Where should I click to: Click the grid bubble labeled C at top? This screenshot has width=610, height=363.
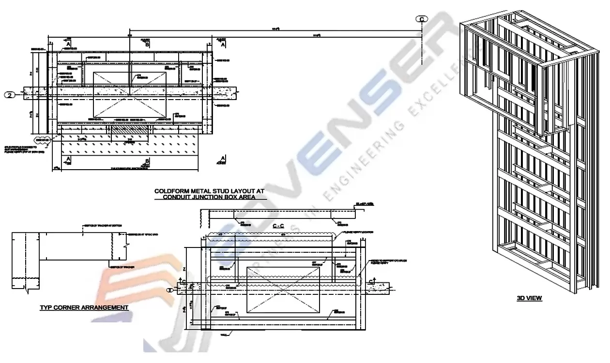(422, 19)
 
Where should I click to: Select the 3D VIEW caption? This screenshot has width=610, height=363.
(529, 298)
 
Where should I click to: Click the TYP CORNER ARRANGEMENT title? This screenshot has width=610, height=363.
(84, 307)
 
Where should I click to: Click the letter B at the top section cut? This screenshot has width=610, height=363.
(147, 44)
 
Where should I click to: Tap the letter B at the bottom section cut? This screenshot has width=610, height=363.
(147, 162)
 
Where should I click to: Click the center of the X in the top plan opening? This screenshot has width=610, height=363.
(129, 95)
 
